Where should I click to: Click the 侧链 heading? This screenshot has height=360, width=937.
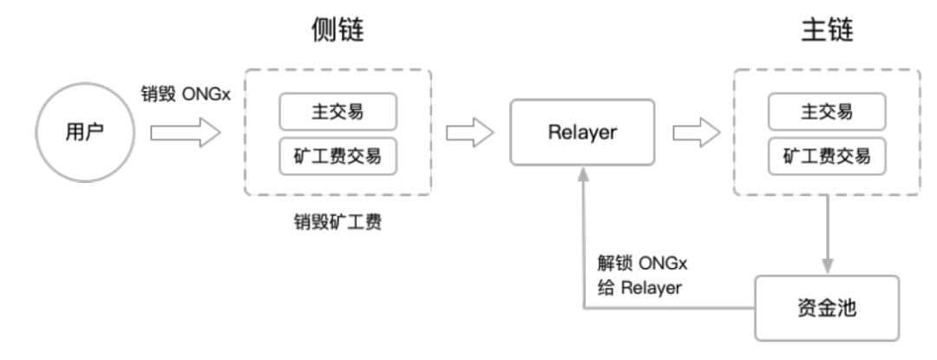(338, 33)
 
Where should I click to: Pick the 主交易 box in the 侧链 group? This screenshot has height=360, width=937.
(338, 111)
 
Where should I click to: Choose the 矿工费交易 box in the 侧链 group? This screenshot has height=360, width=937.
(338, 157)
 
